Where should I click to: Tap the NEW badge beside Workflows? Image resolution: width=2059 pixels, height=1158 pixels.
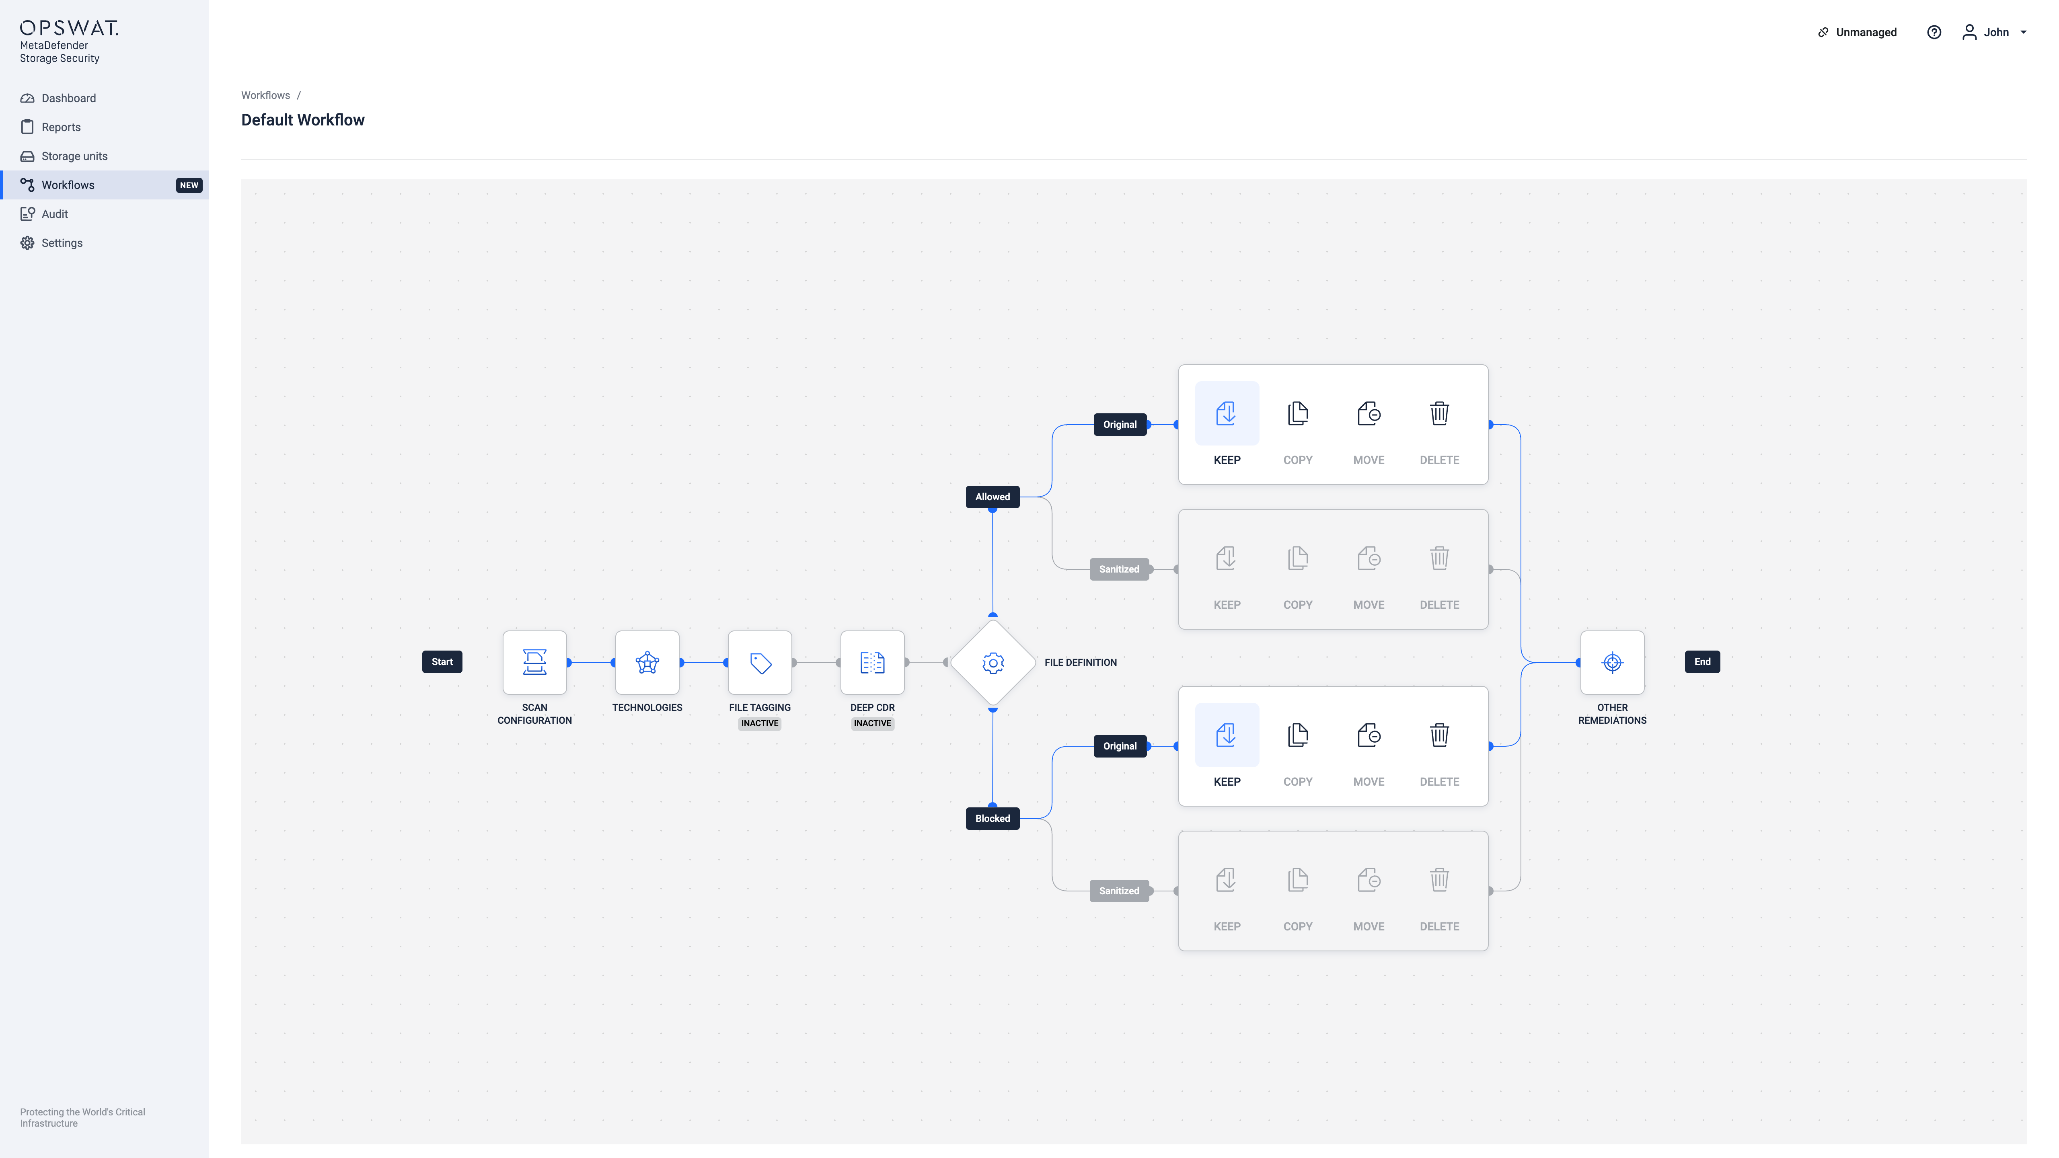point(189,185)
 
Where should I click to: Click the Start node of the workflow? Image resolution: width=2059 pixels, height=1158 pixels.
point(442,662)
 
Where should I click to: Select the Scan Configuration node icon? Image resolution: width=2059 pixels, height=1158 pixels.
point(535,663)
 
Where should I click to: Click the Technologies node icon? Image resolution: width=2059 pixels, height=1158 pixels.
point(647,663)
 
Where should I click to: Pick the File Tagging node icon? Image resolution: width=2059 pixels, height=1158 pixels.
point(760,663)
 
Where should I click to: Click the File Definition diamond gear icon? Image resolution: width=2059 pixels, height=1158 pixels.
point(993,663)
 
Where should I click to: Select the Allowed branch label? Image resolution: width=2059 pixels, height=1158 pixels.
point(993,497)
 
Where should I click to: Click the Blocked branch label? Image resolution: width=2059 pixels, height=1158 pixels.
point(993,818)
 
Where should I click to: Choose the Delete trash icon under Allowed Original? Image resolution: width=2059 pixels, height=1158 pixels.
point(1440,413)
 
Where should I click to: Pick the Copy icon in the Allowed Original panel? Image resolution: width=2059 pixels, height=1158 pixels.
point(1298,413)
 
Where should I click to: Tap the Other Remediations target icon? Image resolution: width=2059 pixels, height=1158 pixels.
point(1612,663)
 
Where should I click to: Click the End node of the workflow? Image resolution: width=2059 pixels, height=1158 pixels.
point(1703,662)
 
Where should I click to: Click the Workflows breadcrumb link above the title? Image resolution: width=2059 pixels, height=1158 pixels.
point(265,95)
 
